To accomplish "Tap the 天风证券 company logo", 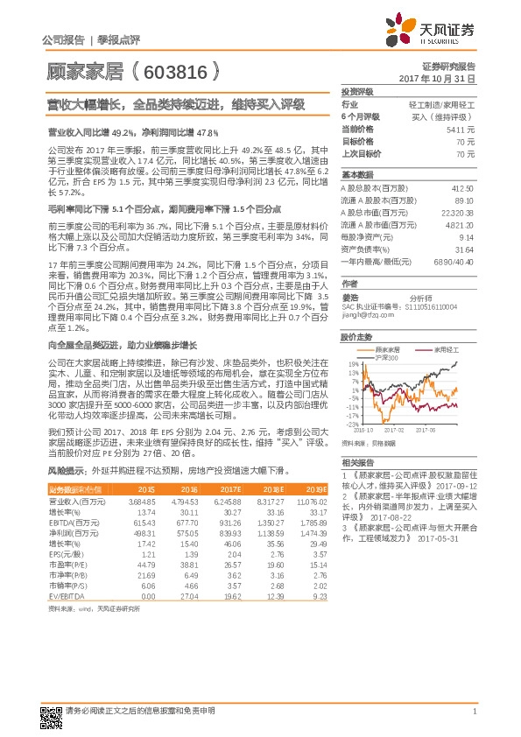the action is (x=439, y=32).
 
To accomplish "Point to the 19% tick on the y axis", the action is (x=352, y=363).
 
